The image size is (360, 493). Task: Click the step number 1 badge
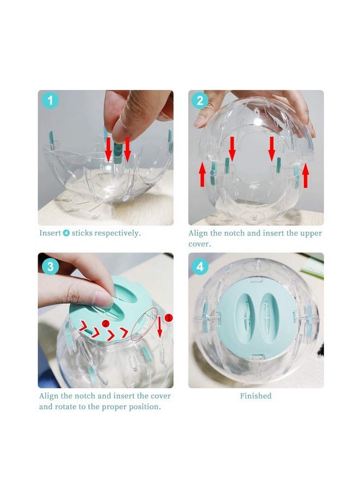[50, 100]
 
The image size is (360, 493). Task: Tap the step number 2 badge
[200, 100]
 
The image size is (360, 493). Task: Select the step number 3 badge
[50, 267]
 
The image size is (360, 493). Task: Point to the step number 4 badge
[200, 267]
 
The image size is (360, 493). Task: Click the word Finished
[256, 396]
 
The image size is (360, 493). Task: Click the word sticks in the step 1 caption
[82, 233]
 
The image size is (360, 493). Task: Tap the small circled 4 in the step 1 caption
[67, 233]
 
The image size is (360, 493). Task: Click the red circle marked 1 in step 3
[169, 318]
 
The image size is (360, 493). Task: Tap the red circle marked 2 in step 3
[106, 323]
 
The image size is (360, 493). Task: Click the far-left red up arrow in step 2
[202, 175]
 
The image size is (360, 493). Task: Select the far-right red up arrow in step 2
[305, 176]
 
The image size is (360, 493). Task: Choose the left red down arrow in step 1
[108, 149]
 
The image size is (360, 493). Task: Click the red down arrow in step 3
[160, 327]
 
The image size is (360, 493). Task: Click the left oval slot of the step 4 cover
[244, 318]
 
